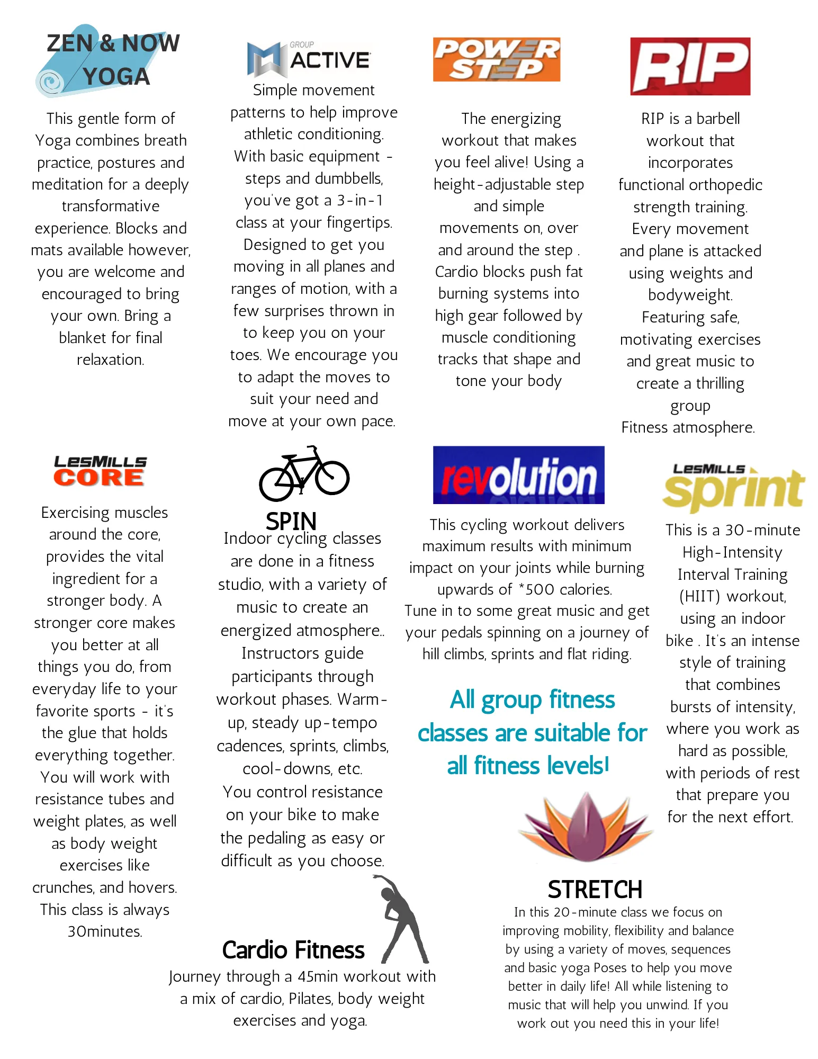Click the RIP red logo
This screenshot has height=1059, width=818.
coord(690,66)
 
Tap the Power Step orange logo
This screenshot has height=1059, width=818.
coord(496,59)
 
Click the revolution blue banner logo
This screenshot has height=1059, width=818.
coord(518,475)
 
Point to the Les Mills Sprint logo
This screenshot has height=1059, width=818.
coord(733,487)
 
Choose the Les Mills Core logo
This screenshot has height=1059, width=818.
coord(100,471)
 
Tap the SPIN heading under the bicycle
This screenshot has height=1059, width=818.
coord(291,522)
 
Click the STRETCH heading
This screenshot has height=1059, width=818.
coord(595,890)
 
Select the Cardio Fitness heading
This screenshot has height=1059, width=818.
coord(293,950)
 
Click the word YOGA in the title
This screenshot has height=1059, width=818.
coord(116,77)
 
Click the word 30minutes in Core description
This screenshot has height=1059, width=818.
coord(105,931)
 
